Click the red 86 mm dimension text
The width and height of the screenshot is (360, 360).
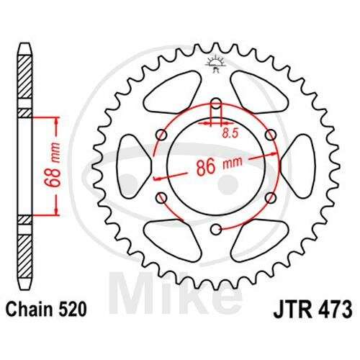click(219, 166)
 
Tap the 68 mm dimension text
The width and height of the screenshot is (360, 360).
click(53, 165)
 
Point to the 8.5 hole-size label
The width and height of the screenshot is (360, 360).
click(230, 132)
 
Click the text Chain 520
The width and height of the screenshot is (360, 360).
click(45, 310)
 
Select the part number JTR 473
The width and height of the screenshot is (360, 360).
click(312, 310)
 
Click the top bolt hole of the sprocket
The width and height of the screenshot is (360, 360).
click(216, 102)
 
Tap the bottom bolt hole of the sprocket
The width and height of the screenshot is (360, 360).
click(216, 230)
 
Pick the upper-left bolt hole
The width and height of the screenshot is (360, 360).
click(161, 135)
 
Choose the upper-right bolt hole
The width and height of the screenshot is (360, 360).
click(271, 135)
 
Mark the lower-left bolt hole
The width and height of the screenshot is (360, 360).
click(161, 197)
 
